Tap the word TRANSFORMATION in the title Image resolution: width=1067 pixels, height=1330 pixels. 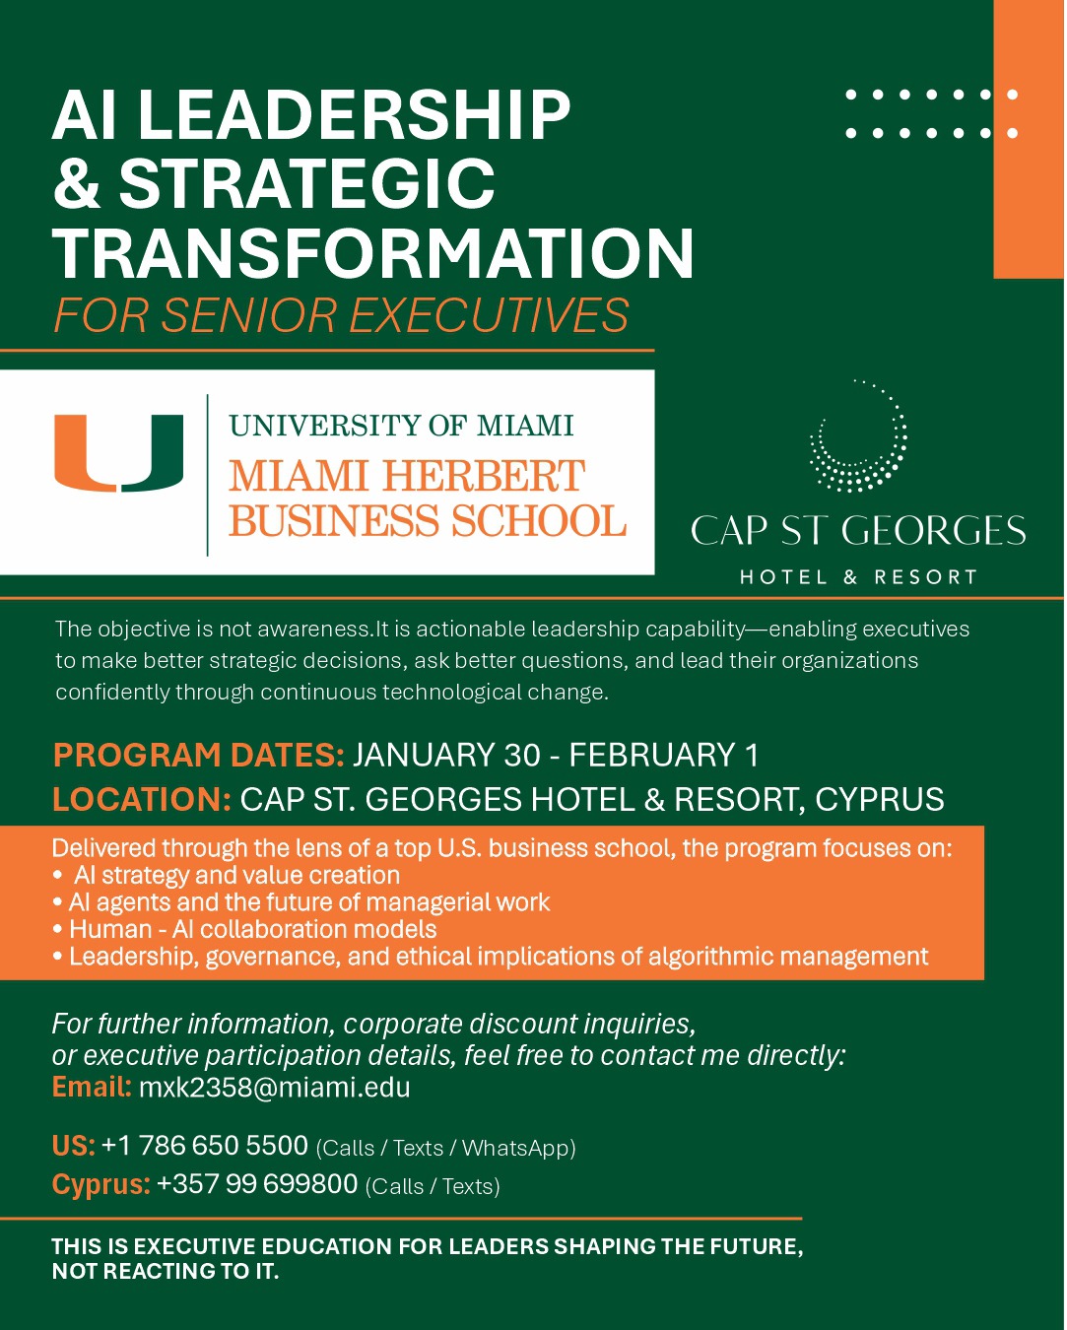point(373,253)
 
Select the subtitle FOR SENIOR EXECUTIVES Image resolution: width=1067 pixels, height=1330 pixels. point(341,316)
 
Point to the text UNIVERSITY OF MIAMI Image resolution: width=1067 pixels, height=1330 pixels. point(401,426)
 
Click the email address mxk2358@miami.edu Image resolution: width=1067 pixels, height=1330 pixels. point(274,1088)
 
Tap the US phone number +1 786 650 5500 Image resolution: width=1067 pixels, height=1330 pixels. point(205,1146)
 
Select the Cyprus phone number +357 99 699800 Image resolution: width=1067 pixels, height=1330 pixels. point(257,1184)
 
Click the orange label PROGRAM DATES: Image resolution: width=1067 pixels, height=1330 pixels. point(198,756)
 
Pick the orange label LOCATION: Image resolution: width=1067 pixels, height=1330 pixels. point(142,799)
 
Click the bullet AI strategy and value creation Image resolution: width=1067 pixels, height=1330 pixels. point(236,875)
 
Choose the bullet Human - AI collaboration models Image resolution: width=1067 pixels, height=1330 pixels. point(252,929)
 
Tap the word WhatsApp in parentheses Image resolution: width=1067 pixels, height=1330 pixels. point(515,1148)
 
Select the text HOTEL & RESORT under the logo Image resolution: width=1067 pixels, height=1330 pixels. point(858,577)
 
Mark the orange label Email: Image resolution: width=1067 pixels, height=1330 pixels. point(92,1088)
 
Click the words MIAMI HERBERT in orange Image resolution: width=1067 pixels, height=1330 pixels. point(407,477)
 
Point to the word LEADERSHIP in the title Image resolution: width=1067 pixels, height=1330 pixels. point(354,115)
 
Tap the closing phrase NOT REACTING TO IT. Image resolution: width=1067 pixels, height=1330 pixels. point(166,1272)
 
